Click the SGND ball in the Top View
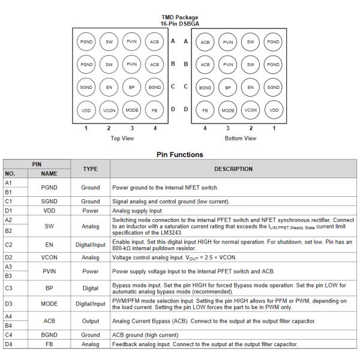(x=86, y=87)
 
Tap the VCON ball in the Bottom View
(x=250, y=110)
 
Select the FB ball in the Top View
(x=155, y=110)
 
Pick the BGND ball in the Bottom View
(x=205, y=87)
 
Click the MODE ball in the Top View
(x=132, y=110)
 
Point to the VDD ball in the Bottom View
(x=274, y=110)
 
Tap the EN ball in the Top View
(x=109, y=87)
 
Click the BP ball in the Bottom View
(x=228, y=87)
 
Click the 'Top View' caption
(x=123, y=139)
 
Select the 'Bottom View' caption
(x=239, y=139)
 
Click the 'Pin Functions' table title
(x=179, y=154)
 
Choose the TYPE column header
(x=91, y=169)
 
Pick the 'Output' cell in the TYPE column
(x=91, y=321)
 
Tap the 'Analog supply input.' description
(x=134, y=211)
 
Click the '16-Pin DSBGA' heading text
(x=180, y=23)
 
